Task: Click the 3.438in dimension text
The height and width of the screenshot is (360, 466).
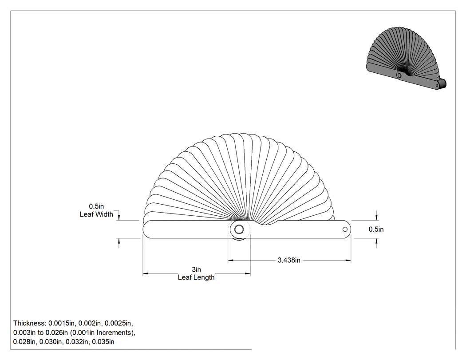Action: [x=289, y=261]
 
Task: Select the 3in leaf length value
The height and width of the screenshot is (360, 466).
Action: [x=196, y=269]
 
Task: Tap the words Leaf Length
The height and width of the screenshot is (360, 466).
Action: [x=196, y=277]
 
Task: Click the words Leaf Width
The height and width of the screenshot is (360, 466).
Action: [x=96, y=214]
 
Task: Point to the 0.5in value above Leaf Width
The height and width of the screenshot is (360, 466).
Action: [x=96, y=206]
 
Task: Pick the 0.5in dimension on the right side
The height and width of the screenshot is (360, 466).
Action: [x=376, y=229]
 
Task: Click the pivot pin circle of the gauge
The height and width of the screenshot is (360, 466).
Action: [x=239, y=229]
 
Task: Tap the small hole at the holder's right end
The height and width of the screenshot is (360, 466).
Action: [x=345, y=229]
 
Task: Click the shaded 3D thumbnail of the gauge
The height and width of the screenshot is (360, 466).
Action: [x=406, y=59]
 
